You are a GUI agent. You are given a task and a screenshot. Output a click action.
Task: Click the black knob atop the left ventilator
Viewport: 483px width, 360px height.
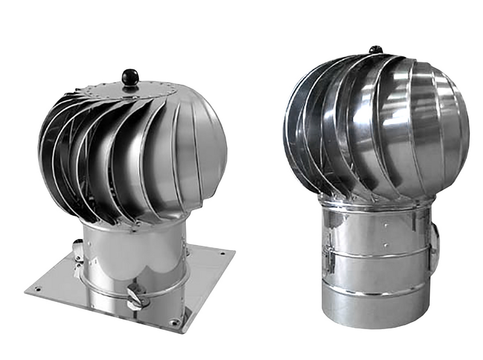[x=130, y=77]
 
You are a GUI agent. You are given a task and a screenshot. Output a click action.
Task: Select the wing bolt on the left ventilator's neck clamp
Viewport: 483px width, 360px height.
[x=136, y=297]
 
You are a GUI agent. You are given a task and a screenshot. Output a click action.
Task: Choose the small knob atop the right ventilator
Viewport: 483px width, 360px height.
[x=376, y=49]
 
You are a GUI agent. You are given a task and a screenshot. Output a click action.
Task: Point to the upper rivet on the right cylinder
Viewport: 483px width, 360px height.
[x=385, y=223]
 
